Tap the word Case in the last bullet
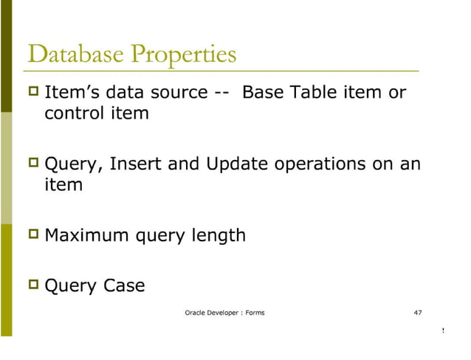click(124, 285)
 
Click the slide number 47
click(418, 313)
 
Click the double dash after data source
click(224, 94)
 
